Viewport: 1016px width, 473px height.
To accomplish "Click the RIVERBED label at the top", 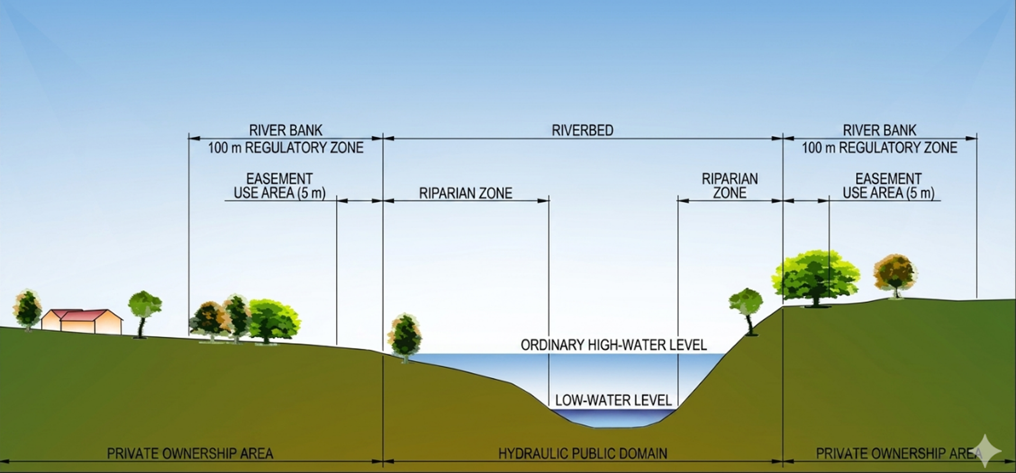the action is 582,130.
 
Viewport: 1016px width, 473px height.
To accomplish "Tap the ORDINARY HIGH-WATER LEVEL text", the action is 614,345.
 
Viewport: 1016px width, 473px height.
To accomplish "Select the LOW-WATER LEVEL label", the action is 613,400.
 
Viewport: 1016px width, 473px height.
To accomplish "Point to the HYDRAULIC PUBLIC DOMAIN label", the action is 583,453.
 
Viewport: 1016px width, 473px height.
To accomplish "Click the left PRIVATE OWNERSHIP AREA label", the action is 190,453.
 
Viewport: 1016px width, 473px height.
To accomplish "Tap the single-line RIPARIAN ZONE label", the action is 466,193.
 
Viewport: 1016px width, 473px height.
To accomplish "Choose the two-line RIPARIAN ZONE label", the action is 730,186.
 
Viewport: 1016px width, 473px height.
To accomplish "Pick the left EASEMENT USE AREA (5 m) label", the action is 279,186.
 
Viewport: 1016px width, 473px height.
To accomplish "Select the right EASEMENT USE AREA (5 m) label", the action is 888,186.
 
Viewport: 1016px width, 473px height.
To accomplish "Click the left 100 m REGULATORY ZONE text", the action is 286,148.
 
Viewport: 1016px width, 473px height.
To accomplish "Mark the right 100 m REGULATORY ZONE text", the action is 879,148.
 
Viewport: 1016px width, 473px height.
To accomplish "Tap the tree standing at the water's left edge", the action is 405,338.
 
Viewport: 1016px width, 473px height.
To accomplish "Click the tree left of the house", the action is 28,310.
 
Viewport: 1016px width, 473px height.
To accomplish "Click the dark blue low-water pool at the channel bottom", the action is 613,417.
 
